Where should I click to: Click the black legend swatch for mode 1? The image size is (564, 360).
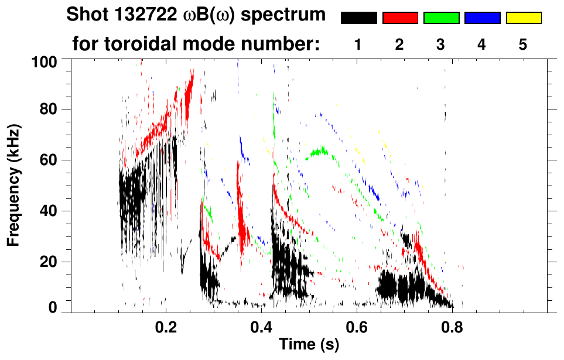coord(358,18)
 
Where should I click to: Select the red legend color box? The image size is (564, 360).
coord(400,18)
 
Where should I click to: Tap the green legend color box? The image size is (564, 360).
coord(441,18)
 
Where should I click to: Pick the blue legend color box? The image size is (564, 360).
coord(482,18)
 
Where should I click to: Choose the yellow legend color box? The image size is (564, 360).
coord(523,18)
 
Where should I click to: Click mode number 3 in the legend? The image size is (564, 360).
coord(440,44)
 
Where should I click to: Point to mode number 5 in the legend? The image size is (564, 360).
coord(522,44)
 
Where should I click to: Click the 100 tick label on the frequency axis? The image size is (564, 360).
coord(46,61)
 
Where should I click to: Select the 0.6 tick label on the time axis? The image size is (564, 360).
coord(357,327)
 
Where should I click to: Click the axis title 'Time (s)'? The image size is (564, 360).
coord(309,345)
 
